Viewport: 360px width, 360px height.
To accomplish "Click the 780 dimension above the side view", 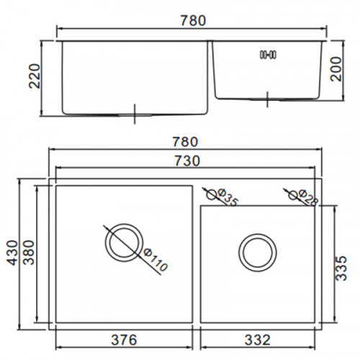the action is pyautogui.click(x=193, y=21).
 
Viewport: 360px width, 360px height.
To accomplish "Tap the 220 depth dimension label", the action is pyautogui.click(x=34, y=76).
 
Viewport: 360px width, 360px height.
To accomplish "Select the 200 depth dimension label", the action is pyautogui.click(x=336, y=69).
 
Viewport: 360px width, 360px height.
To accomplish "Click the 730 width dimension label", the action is pyautogui.click(x=187, y=161).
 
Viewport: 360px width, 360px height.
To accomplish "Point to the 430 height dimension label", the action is pyautogui.click(x=12, y=253).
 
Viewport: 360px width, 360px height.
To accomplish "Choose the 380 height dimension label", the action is pyautogui.click(x=29, y=252).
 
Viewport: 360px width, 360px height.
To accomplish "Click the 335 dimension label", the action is pyautogui.click(x=341, y=268).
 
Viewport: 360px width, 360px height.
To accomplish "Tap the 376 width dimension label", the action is pyautogui.click(x=124, y=340).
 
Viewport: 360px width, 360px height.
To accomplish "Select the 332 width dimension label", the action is pyautogui.click(x=258, y=340).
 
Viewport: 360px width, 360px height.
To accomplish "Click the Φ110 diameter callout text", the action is pyautogui.click(x=156, y=260).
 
